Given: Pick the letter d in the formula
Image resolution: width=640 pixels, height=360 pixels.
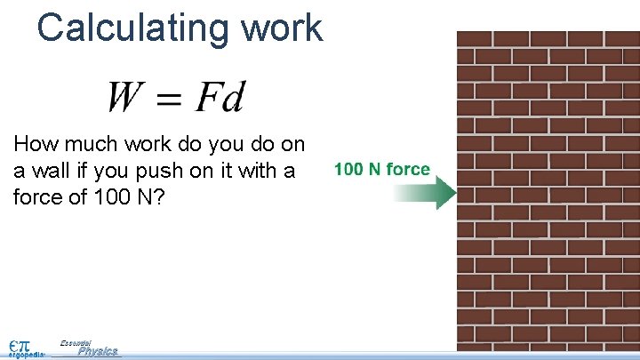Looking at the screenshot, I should pos(233,97).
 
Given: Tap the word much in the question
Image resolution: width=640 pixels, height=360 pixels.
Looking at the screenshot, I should pos(90,145).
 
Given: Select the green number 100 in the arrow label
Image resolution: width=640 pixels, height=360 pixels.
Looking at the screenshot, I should pos(348,169).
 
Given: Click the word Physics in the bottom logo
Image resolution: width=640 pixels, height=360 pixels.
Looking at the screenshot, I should pos(98,352).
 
